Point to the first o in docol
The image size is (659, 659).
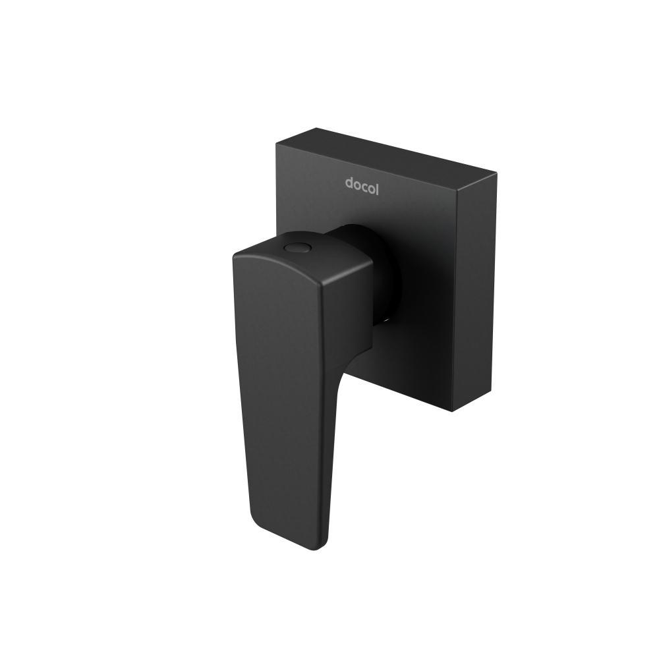358,184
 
